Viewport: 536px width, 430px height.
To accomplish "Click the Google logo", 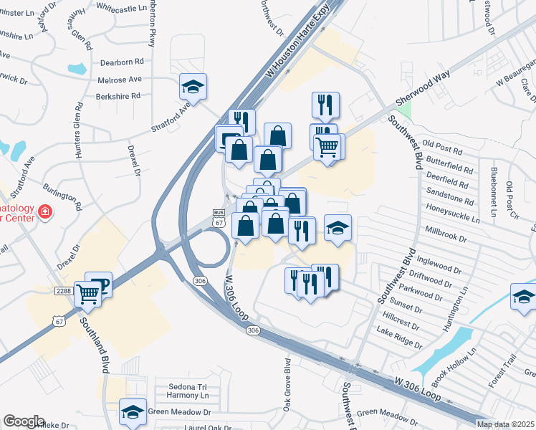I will click(24, 421).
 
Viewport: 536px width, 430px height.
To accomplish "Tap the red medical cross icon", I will click(44, 212).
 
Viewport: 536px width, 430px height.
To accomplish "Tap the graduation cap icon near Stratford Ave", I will click(193, 87).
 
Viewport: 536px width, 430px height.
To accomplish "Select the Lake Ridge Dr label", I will click(399, 338).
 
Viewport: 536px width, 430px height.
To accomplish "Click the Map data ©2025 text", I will click(505, 424).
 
